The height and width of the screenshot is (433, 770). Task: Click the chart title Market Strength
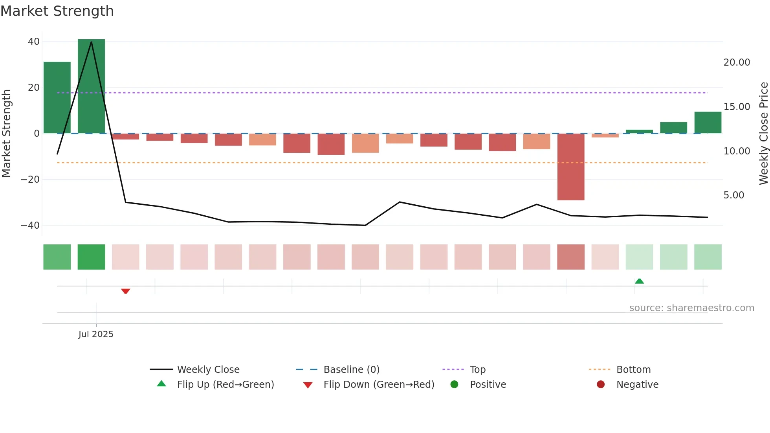tap(57, 11)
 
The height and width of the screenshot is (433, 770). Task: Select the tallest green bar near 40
tap(91, 86)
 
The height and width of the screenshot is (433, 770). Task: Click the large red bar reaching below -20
tap(570, 167)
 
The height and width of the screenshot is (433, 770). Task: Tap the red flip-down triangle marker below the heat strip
tap(125, 291)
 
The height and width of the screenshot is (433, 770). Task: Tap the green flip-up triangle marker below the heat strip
tap(639, 281)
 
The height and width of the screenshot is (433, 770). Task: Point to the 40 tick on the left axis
tap(34, 42)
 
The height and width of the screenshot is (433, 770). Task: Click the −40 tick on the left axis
tap(30, 226)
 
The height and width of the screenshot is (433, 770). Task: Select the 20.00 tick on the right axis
tap(737, 62)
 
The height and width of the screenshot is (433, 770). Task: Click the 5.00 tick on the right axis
tap(733, 195)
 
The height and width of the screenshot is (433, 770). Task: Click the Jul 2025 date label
tap(96, 334)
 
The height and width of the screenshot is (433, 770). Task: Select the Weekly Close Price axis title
tap(763, 134)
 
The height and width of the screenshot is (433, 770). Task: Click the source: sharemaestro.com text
tap(691, 308)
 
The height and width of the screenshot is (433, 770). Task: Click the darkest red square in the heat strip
tap(570, 257)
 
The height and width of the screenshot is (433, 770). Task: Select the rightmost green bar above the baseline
tap(708, 123)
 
